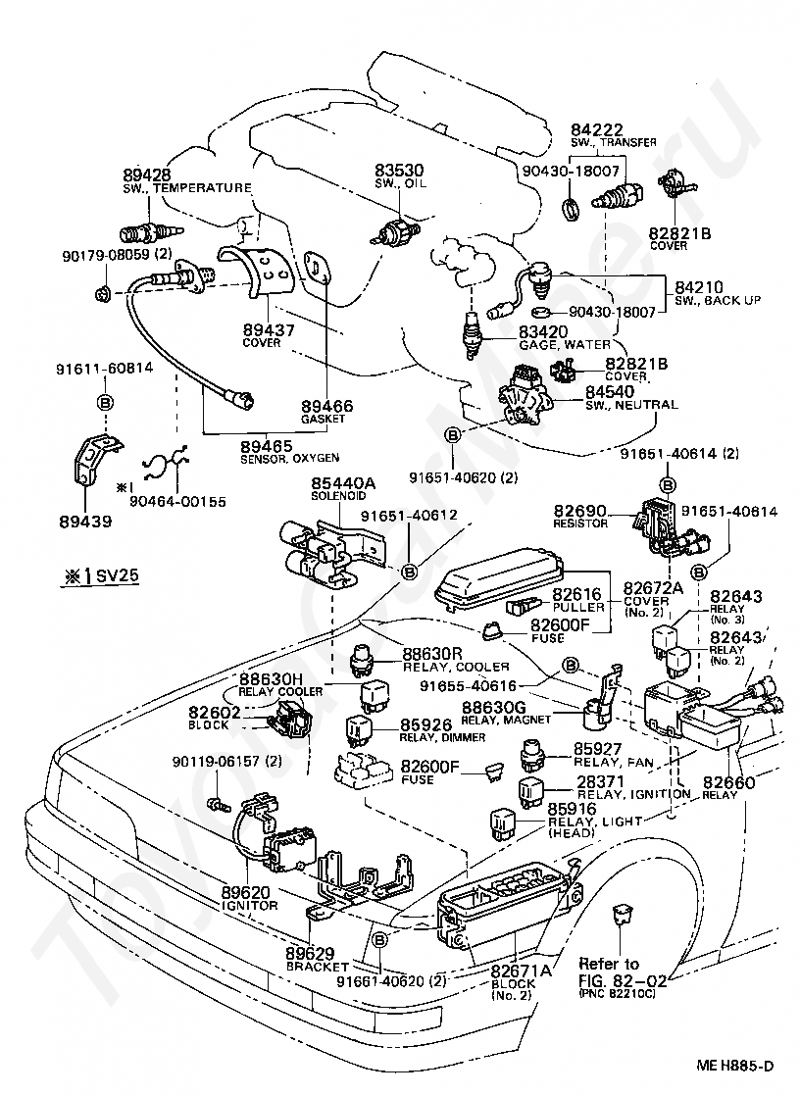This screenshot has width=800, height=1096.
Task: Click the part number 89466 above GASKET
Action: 326,406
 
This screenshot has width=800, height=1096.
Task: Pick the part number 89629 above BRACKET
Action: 310,952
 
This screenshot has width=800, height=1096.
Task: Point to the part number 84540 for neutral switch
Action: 609,391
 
